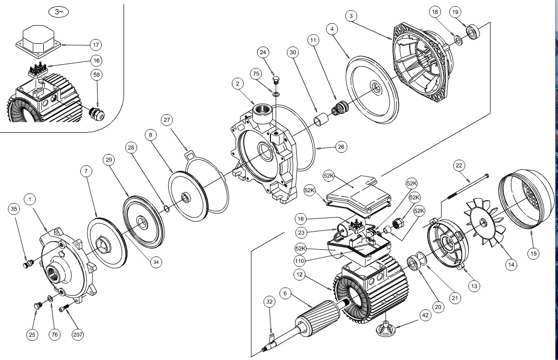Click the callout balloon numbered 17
click(x=96, y=45)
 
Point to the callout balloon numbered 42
click(x=426, y=316)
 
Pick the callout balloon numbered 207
click(x=77, y=335)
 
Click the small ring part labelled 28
click(x=167, y=208)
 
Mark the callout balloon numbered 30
click(x=293, y=51)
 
